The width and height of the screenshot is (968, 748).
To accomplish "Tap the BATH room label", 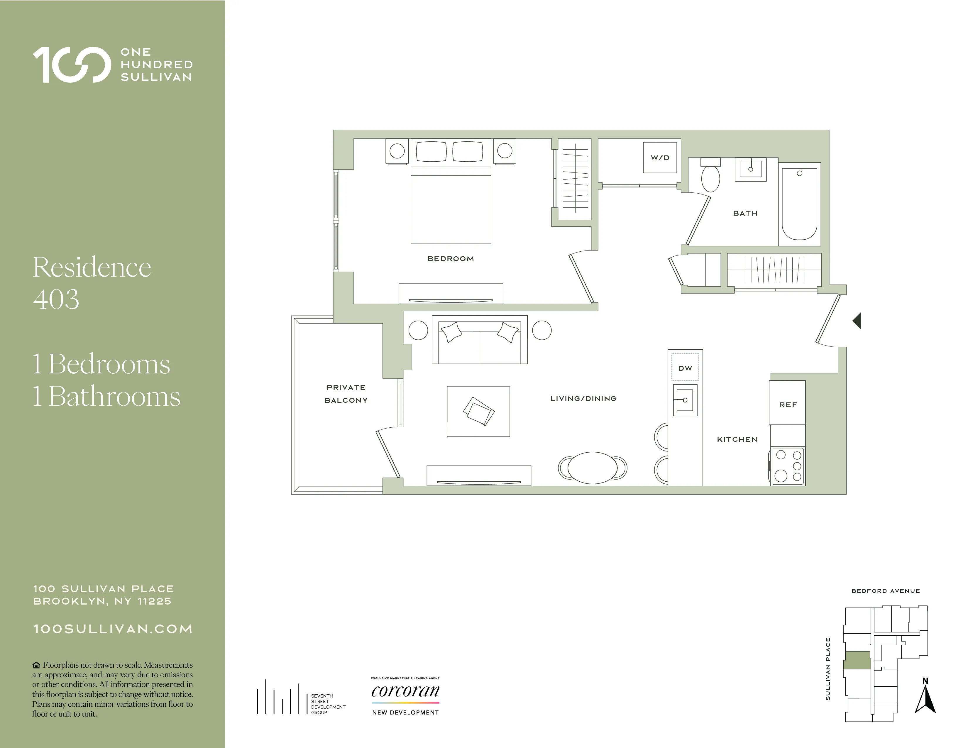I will [x=745, y=213].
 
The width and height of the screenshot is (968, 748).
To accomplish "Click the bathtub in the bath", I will [x=799, y=204].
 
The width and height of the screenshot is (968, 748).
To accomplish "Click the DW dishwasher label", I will [x=685, y=368].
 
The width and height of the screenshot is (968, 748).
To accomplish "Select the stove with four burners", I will [x=788, y=466].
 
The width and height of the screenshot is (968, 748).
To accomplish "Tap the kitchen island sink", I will [x=685, y=400].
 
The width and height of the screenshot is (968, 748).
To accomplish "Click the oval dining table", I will [x=593, y=468].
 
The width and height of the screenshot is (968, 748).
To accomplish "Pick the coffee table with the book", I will [x=478, y=411].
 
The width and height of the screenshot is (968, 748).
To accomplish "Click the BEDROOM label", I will [x=450, y=259].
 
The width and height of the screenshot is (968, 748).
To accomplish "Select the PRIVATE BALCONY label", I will [x=346, y=393].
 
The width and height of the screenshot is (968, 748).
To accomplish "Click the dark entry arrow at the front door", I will [x=857, y=321].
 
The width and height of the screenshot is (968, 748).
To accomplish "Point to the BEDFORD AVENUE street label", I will [x=885, y=591].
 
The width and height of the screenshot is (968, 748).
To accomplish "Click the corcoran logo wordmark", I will [x=405, y=691].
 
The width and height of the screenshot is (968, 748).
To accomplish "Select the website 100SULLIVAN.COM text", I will [x=113, y=629].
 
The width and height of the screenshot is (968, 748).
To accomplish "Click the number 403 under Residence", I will [x=56, y=299].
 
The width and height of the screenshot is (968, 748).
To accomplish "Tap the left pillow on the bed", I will [x=431, y=152].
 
